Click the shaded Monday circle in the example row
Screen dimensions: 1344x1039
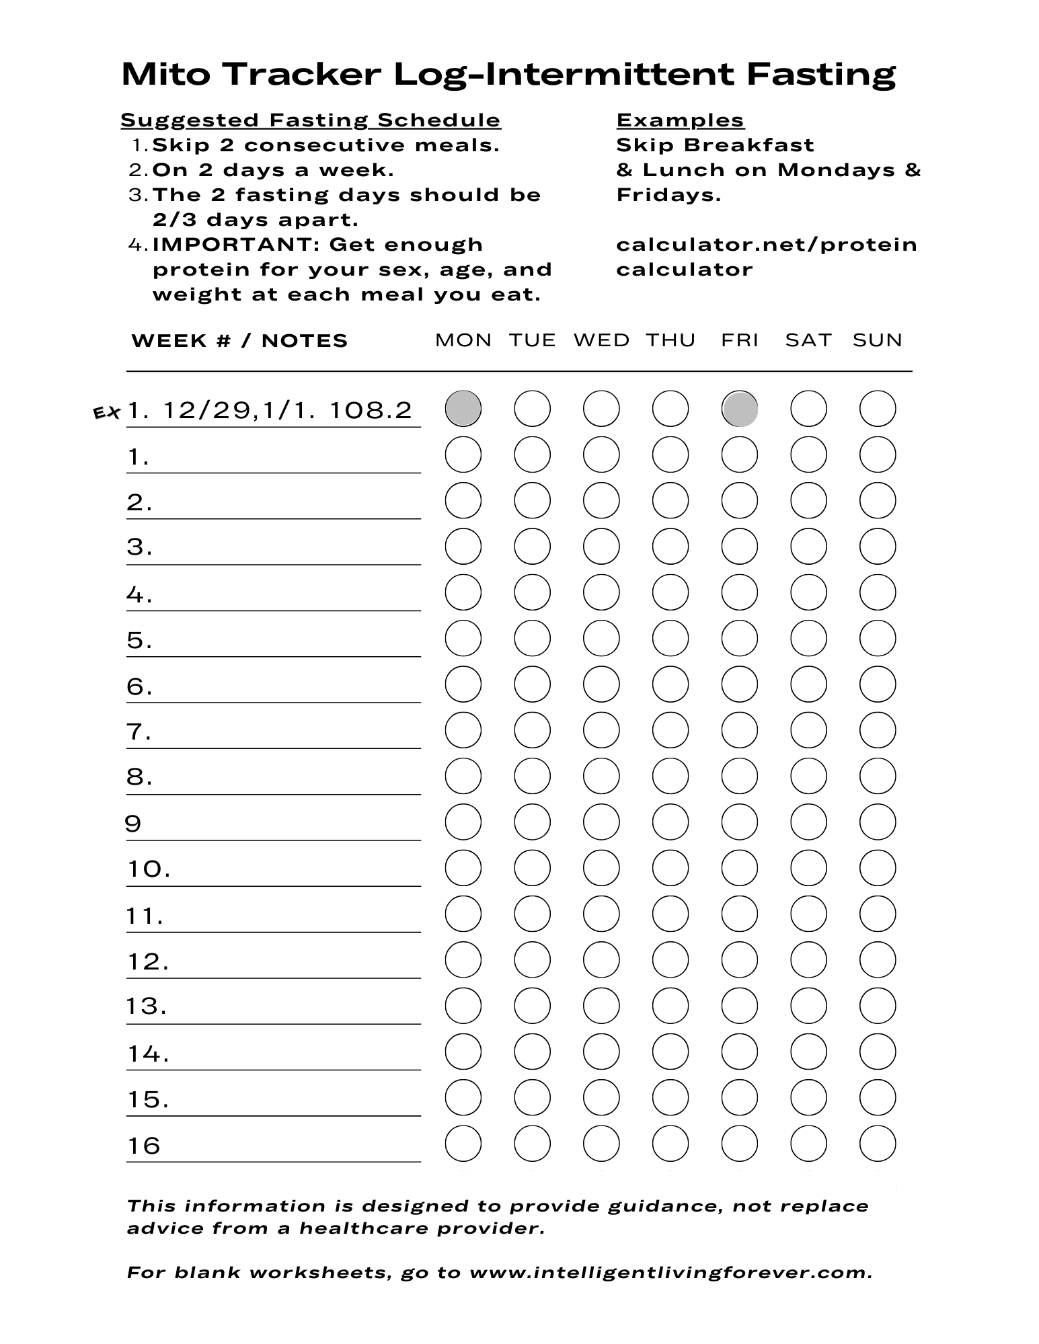463,408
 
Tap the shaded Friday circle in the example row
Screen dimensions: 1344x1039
739,408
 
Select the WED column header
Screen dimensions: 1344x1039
601,340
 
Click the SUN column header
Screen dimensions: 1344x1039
877,340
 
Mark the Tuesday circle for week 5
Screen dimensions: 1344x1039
532,638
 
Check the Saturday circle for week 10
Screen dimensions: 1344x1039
808,868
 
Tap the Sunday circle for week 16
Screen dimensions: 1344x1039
878,1144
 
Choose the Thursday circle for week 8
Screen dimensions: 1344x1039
670,776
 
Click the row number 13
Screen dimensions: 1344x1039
146,1006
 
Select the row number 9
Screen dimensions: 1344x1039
133,823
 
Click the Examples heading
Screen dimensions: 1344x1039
680,120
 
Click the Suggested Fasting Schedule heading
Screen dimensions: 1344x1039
311,120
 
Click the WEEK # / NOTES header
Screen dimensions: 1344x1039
239,341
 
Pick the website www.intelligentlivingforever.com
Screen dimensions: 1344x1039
670,1273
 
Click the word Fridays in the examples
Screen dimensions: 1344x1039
668,195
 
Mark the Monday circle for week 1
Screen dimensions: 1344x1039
463,454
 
